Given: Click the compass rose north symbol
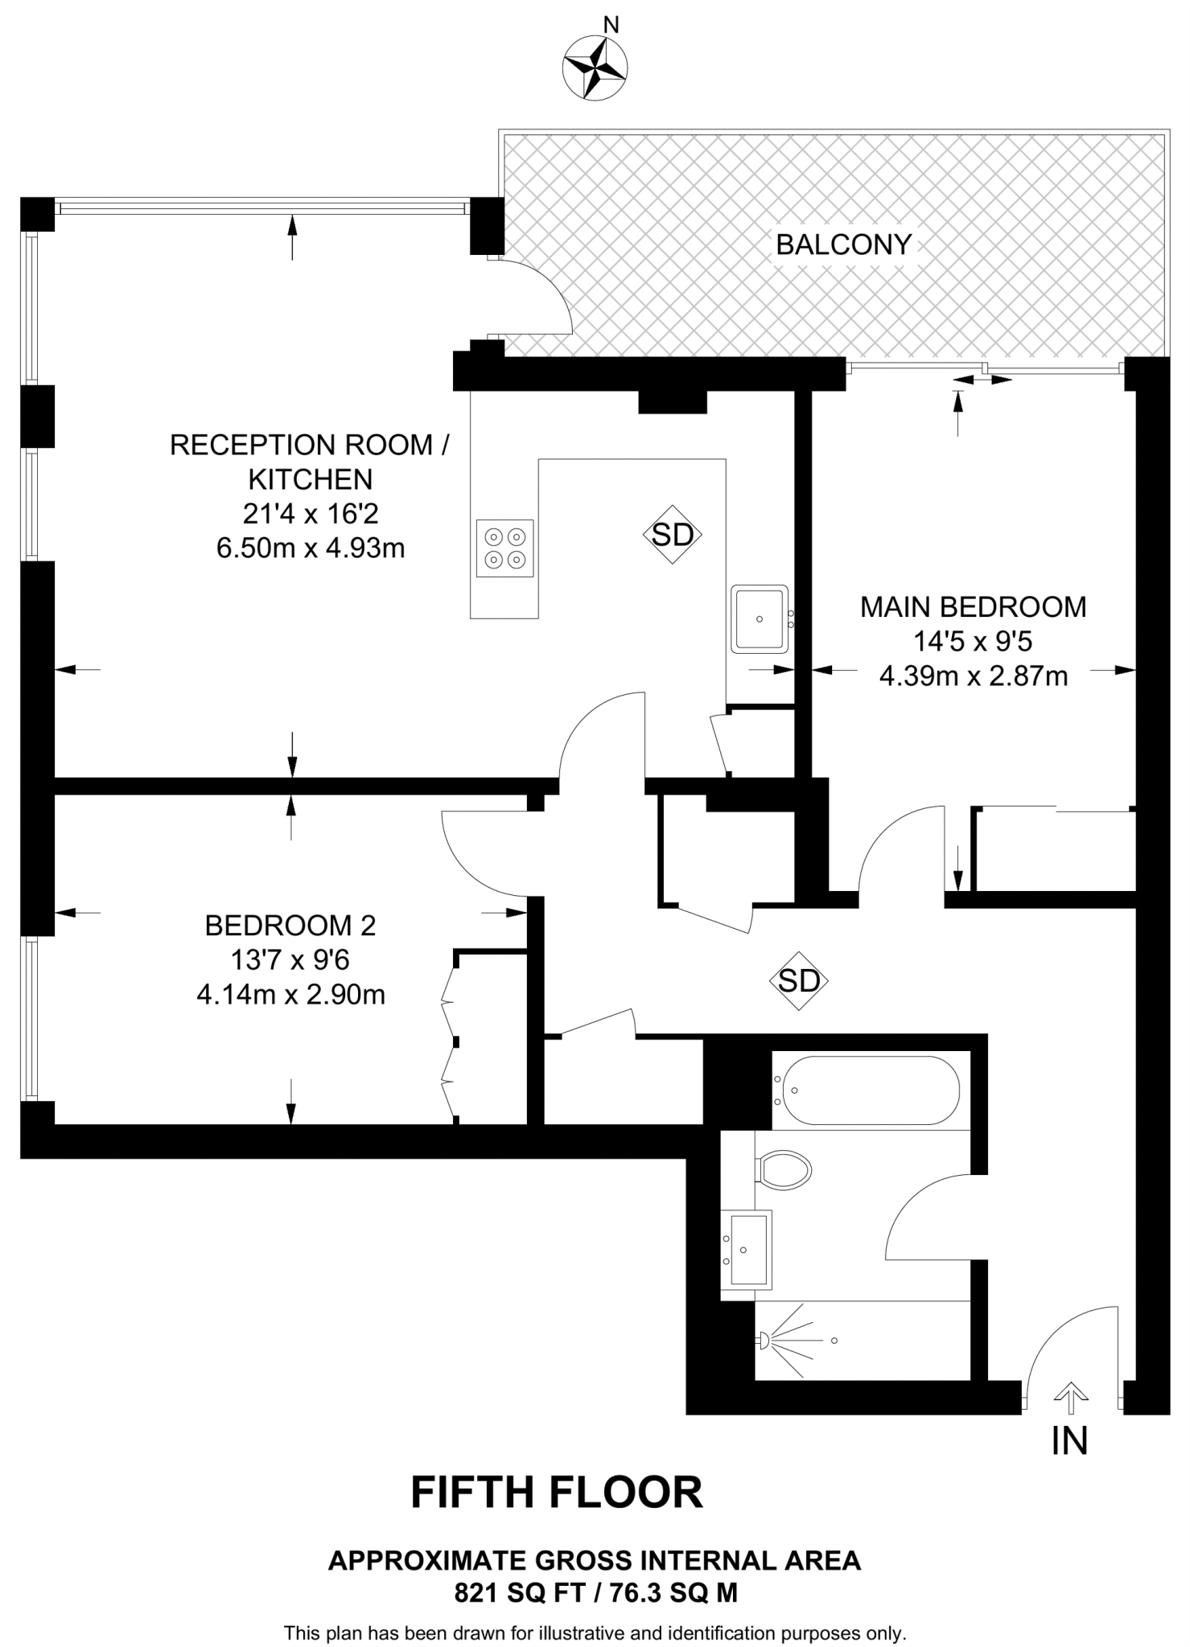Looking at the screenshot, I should pos(595,68).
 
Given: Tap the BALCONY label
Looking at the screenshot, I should pos(843,244).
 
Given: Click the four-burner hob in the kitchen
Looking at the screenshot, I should pos(504,548).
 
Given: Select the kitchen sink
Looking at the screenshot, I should pos(759,618).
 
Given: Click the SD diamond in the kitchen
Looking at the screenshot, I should pos(673,534).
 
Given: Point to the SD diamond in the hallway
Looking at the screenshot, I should pos(799,980).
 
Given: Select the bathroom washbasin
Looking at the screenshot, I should pos(746,1249).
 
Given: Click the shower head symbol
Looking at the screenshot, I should pos(763,1340).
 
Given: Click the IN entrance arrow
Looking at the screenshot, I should pos(1069,1399).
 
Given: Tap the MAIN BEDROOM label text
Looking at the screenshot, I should pos(973,607).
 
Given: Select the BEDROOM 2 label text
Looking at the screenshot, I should pos(290,926).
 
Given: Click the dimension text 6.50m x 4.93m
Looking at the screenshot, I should pos(310,548).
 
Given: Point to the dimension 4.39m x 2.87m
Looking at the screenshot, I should pos(973,676).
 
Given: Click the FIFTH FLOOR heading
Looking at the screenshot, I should pos(557,1493).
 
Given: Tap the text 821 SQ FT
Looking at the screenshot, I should pos(515,1592).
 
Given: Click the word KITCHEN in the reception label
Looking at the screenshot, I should pos(310,479).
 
